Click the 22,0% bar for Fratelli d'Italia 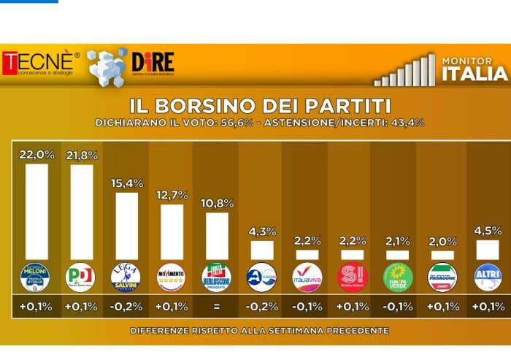tap(36, 212)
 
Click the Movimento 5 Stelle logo tap(171, 277)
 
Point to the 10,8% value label tap(216, 201)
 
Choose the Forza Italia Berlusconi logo tap(216, 277)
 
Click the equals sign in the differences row tap(216, 307)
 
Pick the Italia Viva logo tap(307, 277)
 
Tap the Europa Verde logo tap(398, 277)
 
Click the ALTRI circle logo tap(488, 277)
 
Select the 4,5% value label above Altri tap(488, 230)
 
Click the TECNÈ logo tap(41, 64)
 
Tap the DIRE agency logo tap(153, 64)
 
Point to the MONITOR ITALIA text tap(474, 69)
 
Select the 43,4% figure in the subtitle tap(407, 123)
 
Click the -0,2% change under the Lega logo tap(126, 307)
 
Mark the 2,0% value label tap(442, 241)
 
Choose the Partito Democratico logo tap(81, 277)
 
